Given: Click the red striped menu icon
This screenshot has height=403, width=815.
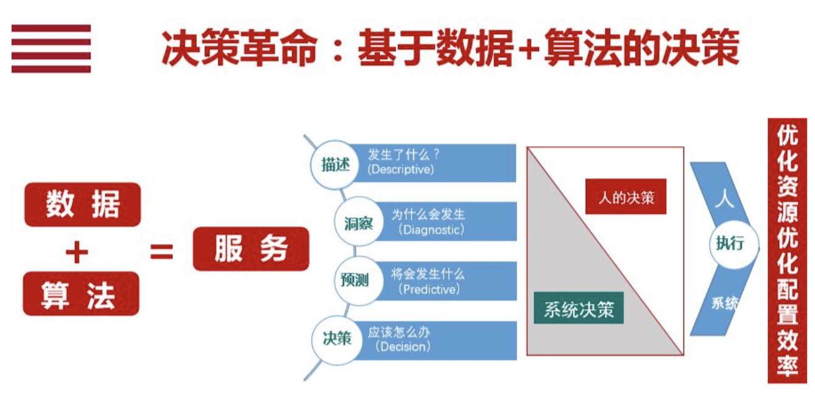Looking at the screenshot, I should pos(51,49).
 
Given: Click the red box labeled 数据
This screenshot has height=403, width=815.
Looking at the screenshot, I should pos(82,205).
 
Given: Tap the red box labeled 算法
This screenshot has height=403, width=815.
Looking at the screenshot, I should pos(81,293).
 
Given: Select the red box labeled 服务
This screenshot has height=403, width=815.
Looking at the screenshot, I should pos(251,248).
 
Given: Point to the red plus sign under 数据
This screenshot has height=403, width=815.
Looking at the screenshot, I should pos(77,251).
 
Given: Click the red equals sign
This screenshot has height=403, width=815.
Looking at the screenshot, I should pos(162,251).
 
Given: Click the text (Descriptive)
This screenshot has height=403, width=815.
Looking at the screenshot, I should pos(400,170).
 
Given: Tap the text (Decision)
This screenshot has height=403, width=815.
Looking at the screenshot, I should pos(403,347).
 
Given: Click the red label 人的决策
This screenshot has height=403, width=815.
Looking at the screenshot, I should pos(626,197).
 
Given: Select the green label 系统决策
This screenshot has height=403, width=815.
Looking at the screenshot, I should pos(579,309).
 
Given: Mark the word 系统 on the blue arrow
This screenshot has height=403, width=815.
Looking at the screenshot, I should pos(725,303).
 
